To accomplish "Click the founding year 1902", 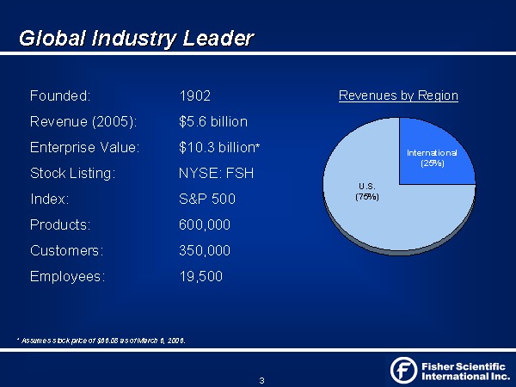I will pyautogui.click(x=195, y=95).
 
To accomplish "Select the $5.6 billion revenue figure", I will pyautogui.click(x=212, y=121).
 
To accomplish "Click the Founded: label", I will pyautogui.click(x=59, y=95).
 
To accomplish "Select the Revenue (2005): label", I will pyautogui.click(x=83, y=121).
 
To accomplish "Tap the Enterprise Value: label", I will pyautogui.click(x=84, y=147).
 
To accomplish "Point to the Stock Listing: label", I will pyautogui.click(x=72, y=173).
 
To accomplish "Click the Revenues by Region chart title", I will pyautogui.click(x=398, y=95).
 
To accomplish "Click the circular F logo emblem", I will pyautogui.click(x=403, y=370).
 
